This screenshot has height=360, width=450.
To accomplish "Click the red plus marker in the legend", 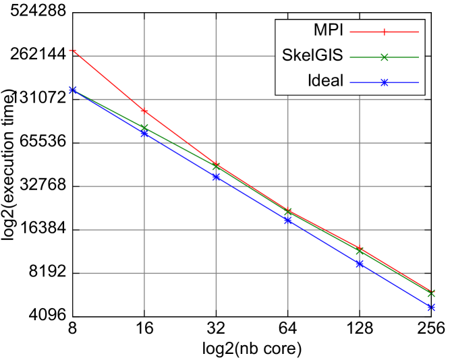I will [384, 32].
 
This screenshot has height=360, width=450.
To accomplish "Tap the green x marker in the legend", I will [384, 57].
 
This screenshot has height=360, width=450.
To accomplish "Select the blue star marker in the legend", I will [384, 82].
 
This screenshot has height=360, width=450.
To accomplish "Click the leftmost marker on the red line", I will [73, 51].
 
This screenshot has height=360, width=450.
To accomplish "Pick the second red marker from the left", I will [144, 111].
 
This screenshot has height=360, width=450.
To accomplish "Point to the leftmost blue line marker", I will [73, 90].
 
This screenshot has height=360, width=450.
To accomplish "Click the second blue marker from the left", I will [144, 133].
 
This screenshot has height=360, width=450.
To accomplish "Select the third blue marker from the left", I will [216, 177].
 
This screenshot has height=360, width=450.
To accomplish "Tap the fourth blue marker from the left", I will [288, 220].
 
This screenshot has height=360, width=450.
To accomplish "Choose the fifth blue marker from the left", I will [360, 264].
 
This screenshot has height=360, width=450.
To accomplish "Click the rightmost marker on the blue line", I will [431, 307].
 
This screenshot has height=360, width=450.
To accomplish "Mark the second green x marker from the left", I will [144, 127].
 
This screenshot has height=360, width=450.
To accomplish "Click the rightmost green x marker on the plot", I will [431, 293].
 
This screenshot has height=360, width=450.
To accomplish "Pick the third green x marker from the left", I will [216, 167].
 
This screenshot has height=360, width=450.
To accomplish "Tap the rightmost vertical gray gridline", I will [360, 169].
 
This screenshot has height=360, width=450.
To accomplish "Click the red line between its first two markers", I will [109, 81].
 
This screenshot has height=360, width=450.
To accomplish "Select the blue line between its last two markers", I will [395, 285].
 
